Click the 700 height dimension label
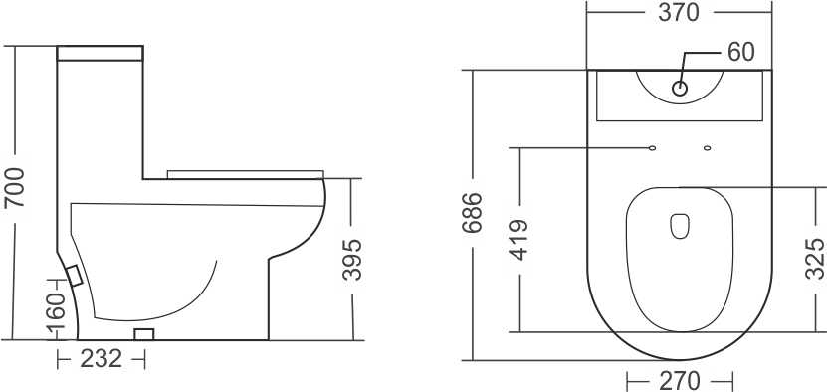click(x=14, y=188)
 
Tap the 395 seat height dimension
click(x=352, y=260)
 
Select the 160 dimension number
click(x=56, y=314)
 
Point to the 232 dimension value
click(x=101, y=359)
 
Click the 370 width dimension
click(x=679, y=12)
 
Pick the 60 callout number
click(x=741, y=52)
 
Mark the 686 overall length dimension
click(x=472, y=213)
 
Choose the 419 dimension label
click(x=518, y=240)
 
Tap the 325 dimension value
click(x=815, y=259)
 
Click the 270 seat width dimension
click(x=680, y=381)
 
